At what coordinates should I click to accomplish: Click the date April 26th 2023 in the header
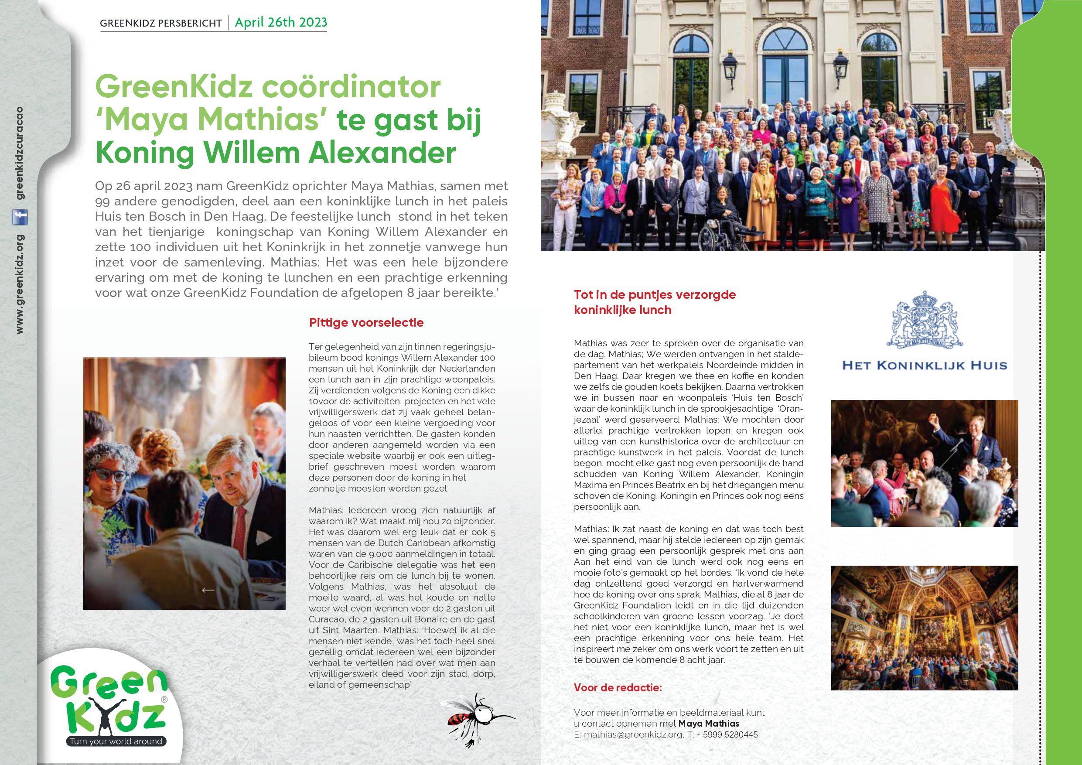281,23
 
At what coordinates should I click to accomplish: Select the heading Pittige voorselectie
366,323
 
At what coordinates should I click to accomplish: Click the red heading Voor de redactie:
618,688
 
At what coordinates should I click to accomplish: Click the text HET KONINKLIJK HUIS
924,365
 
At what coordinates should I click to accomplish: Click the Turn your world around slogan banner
116,741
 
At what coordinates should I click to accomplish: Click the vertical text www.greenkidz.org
20,284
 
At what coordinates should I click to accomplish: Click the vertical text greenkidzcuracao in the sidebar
20,154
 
